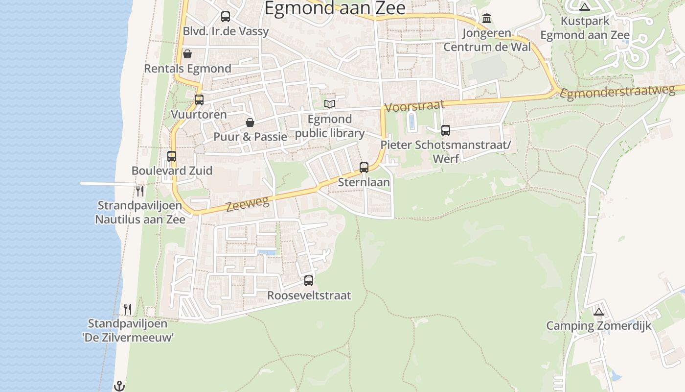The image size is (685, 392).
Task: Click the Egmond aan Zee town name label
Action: [x=335, y=8]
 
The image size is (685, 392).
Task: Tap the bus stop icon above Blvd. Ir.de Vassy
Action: [x=226, y=17]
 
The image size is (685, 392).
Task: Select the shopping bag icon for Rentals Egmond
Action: [x=187, y=54]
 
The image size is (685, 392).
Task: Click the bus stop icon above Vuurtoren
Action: [x=199, y=100]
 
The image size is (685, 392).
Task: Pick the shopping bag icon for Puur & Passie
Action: [x=250, y=122]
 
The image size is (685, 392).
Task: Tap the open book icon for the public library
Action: [x=330, y=104]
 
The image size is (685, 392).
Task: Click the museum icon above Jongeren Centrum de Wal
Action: [x=487, y=19]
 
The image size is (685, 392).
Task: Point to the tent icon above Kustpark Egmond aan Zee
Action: [x=584, y=7]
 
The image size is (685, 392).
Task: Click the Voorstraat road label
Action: [x=414, y=106]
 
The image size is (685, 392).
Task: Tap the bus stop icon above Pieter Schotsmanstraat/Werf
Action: [x=446, y=130]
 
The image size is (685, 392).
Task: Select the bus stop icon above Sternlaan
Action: [x=364, y=168]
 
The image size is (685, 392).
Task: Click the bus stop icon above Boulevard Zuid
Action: [x=172, y=156]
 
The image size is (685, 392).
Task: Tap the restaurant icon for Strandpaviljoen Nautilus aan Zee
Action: [x=140, y=191]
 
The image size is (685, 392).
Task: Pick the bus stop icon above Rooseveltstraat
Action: [x=309, y=281]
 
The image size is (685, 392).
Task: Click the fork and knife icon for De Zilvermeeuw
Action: [x=128, y=309]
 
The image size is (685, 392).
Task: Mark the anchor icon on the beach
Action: [x=119, y=386]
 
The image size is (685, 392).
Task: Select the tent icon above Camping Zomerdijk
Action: [x=598, y=312]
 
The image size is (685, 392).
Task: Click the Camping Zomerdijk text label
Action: [x=598, y=326]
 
